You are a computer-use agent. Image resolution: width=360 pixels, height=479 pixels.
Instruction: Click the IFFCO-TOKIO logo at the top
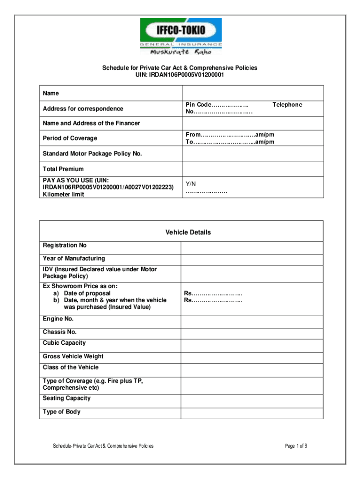(x=181, y=36)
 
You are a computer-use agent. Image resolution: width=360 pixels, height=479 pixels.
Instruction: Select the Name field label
(x=51, y=94)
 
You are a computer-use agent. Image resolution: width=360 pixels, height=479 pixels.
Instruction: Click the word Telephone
(x=287, y=105)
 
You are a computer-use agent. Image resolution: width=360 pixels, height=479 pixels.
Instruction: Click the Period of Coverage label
(x=70, y=138)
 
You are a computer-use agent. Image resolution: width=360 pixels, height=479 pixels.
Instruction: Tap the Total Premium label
(x=63, y=169)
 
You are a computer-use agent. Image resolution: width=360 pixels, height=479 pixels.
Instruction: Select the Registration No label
(x=65, y=246)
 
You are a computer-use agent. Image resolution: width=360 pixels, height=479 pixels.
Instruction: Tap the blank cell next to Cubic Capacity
(x=252, y=345)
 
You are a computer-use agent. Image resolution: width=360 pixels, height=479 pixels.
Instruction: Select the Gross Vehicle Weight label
(x=73, y=356)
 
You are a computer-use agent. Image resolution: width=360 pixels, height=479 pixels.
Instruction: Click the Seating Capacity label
(x=67, y=399)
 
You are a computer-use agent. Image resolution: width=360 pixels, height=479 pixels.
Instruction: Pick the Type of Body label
(x=62, y=412)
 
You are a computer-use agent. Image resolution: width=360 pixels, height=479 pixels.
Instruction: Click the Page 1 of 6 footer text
(x=295, y=446)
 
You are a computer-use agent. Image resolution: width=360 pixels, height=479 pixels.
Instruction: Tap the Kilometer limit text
(x=64, y=195)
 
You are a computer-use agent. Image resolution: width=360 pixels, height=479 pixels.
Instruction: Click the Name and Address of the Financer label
(x=91, y=123)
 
